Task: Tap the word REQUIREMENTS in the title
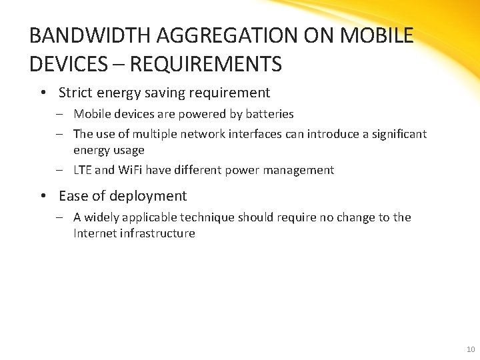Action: point(207,65)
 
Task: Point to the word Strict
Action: point(75,93)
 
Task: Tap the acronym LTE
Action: point(83,170)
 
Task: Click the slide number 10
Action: point(471,349)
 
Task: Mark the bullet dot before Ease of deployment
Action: point(43,196)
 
